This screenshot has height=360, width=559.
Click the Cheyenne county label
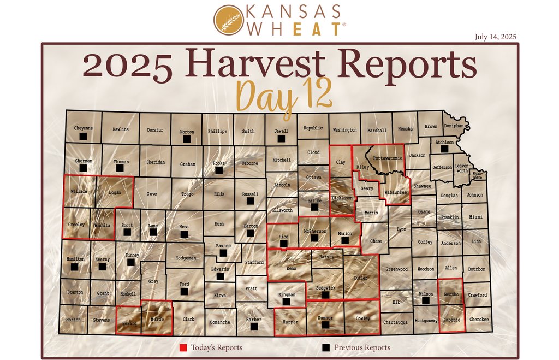pos(84,128)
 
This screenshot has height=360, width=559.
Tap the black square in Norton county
pos(187,139)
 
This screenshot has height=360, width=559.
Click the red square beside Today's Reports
pos(183,347)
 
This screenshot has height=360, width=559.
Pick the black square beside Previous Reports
pos(326,347)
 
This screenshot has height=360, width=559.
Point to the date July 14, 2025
pos(495,37)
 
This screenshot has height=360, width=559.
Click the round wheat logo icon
pos(228,20)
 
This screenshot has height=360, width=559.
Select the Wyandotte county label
pos(477,176)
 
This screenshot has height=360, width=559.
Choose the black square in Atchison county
pos(445,149)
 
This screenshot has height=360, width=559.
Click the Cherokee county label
pos(479,320)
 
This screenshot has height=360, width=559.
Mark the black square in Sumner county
pos(326,325)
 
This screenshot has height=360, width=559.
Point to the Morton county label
pos(73,320)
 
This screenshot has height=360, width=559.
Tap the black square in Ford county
pos(185,292)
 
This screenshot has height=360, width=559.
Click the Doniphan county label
pos(454,126)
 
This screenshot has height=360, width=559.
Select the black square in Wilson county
pos(426,300)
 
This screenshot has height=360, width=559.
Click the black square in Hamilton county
pos(75,267)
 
